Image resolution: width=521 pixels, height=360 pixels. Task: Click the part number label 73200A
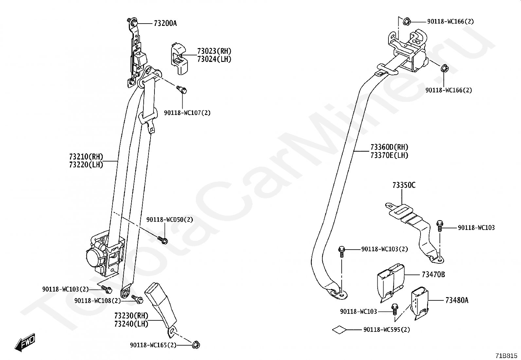click(165, 23)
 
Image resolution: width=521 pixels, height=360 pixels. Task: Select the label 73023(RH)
click(214, 51)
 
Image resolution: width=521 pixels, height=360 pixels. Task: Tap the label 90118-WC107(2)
click(187, 113)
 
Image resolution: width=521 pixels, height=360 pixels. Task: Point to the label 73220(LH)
click(86, 165)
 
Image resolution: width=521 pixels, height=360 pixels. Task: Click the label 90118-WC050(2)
click(170, 220)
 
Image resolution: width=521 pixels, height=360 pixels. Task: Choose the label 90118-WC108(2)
click(98, 301)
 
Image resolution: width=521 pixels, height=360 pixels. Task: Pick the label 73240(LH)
click(131, 324)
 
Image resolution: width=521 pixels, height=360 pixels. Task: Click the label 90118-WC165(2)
click(153, 345)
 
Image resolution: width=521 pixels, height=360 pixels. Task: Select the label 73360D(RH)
click(389, 147)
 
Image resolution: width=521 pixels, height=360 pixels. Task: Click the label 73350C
click(404, 185)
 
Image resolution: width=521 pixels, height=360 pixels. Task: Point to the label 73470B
click(433, 275)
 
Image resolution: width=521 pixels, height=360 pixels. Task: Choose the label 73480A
click(457, 300)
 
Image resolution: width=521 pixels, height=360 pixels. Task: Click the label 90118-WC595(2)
click(386, 330)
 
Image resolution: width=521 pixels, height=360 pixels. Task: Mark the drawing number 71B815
click(506, 355)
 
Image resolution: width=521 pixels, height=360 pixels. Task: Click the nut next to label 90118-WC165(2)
click(196, 345)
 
